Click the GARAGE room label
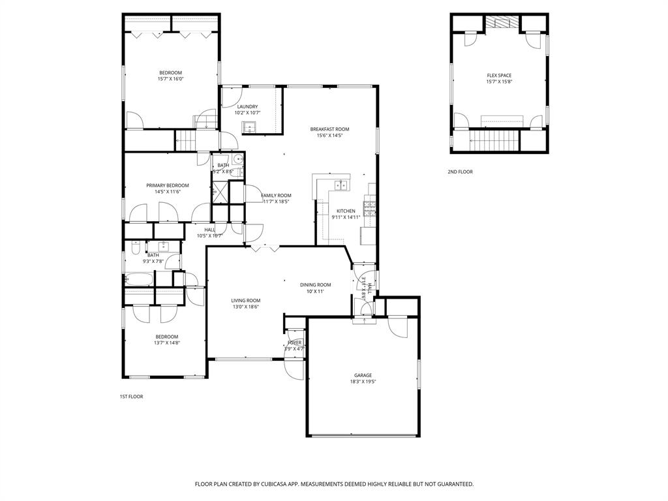pyautogui.click(x=363, y=375)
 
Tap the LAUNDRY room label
pyautogui.click(x=247, y=106)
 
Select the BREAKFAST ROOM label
pyautogui.click(x=329, y=129)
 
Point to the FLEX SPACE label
pyautogui.click(x=499, y=76)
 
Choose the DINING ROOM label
pyautogui.click(x=315, y=284)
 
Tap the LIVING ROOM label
pyautogui.click(x=245, y=300)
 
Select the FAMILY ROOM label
pyautogui.click(x=276, y=195)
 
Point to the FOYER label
pyautogui.click(x=294, y=342)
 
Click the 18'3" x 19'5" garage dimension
pyautogui.click(x=363, y=382)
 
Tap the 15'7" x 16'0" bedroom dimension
pyautogui.click(x=170, y=79)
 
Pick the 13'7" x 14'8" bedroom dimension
pyautogui.click(x=166, y=342)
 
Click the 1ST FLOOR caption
pyautogui.click(x=131, y=397)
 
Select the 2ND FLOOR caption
pyautogui.click(x=460, y=172)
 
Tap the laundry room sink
pyautogui.click(x=251, y=127)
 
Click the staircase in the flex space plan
pyautogui.click(x=493, y=139)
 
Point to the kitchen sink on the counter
pyautogui.click(x=340, y=185)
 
